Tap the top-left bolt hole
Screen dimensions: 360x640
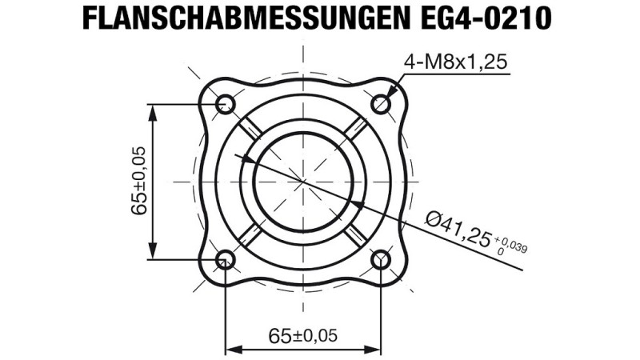[x=225, y=103]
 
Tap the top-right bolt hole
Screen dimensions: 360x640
[x=382, y=103]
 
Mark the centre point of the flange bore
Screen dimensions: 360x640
[x=303, y=182]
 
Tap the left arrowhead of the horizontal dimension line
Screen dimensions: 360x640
[x=232, y=349]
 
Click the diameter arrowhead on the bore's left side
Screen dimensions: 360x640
[x=249, y=160]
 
